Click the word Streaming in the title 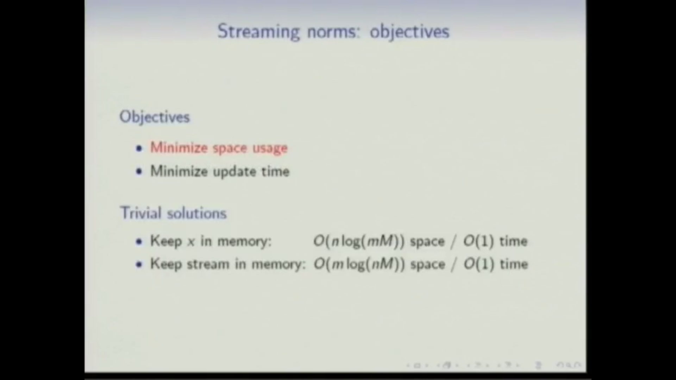258,32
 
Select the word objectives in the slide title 409,32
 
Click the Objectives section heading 155,117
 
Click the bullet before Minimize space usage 139,148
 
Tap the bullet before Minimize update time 139,172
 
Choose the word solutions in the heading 197,213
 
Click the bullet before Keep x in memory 139,242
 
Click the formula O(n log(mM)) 359,241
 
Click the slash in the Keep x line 454,242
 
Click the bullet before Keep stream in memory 139,265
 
